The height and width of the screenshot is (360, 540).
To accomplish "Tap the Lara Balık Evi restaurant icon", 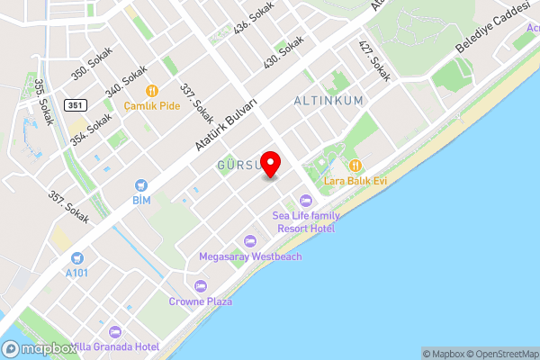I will point(356,165).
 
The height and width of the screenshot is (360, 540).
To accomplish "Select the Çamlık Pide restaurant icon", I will point(152,90).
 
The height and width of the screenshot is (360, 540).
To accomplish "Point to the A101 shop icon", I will point(76,257).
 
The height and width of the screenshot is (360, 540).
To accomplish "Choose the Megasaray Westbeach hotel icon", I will point(250,241).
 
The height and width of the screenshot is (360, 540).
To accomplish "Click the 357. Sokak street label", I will point(68,205).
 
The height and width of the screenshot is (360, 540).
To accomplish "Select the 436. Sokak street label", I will point(254,17).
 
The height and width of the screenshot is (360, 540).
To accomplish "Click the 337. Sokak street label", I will point(196,103).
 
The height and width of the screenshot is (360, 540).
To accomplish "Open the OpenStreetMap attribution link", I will point(503,354).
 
